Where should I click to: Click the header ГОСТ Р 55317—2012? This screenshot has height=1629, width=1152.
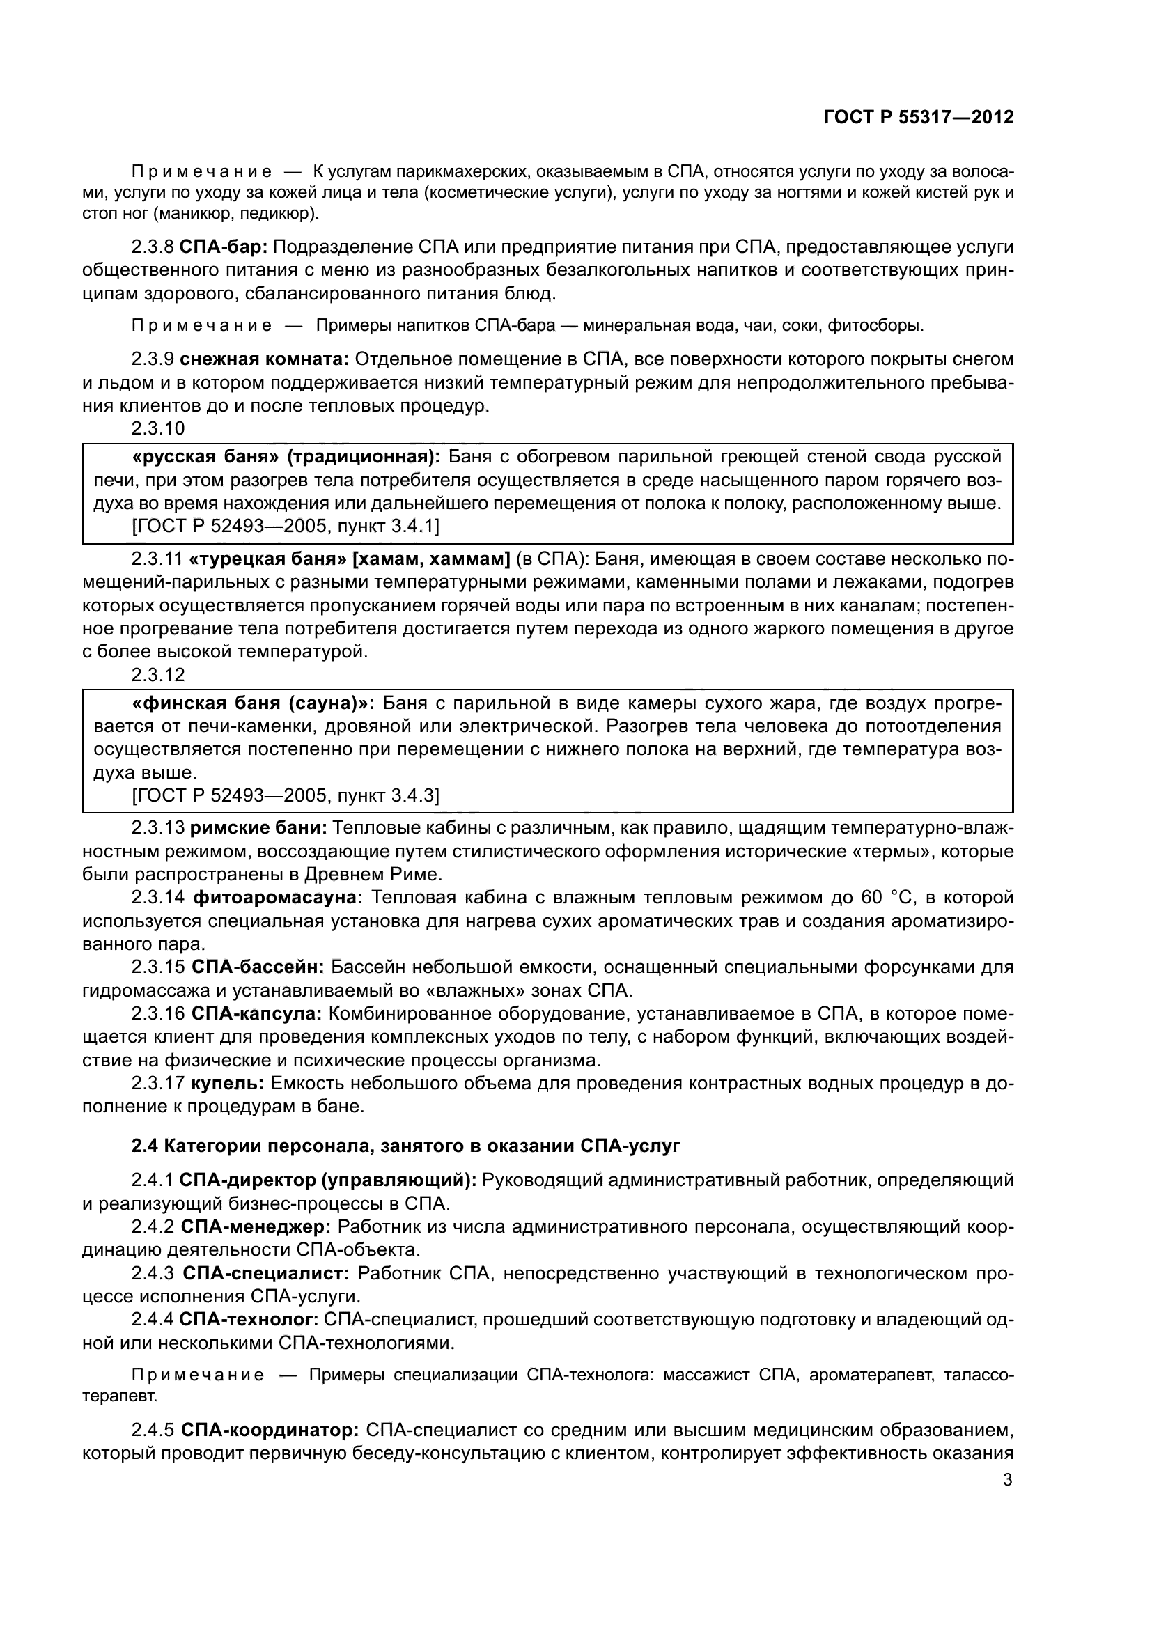pos(918,118)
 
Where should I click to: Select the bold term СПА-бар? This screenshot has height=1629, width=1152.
pos(224,247)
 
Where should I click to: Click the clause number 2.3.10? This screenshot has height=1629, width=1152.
pos(157,428)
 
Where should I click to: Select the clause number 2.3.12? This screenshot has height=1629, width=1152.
pos(157,675)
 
